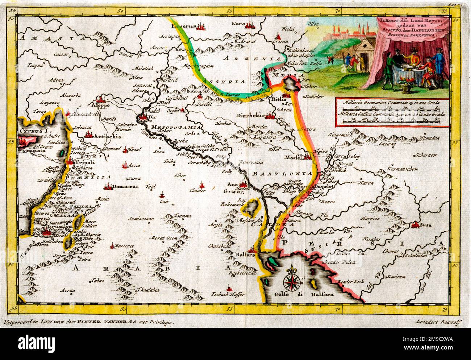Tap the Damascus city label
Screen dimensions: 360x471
click(x=125, y=187)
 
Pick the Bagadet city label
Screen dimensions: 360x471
click(x=327, y=186)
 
